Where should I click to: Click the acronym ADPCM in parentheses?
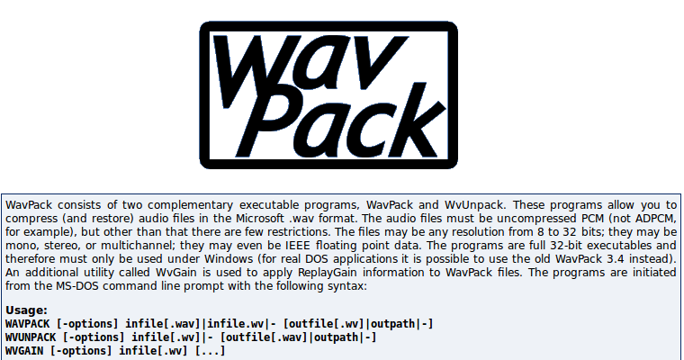645,219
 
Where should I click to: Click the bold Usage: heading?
25,310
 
